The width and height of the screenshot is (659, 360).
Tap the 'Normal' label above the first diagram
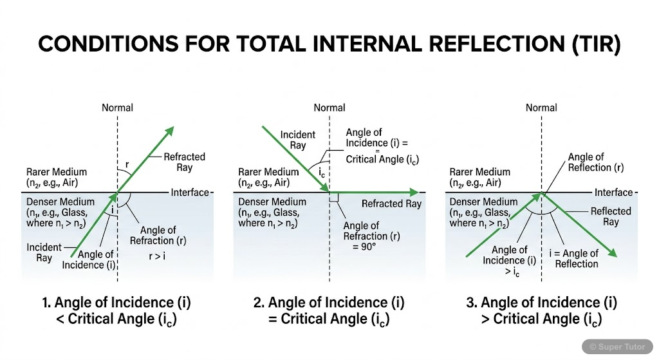click(117, 108)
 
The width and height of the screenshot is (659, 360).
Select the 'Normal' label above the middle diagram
click(329, 108)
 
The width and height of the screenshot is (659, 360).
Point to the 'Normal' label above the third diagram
click(541, 108)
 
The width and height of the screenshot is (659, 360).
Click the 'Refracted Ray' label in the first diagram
click(184, 162)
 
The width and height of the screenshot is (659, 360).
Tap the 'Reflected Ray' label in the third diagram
click(611, 216)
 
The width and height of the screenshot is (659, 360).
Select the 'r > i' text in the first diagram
click(153, 256)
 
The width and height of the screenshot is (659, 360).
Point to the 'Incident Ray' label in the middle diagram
click(298, 140)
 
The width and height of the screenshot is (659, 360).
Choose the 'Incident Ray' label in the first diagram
click(44, 252)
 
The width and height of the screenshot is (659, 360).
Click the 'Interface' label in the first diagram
click(190, 193)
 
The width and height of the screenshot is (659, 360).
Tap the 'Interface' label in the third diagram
click(613, 193)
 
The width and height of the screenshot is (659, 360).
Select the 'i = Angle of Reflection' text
click(577, 258)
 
